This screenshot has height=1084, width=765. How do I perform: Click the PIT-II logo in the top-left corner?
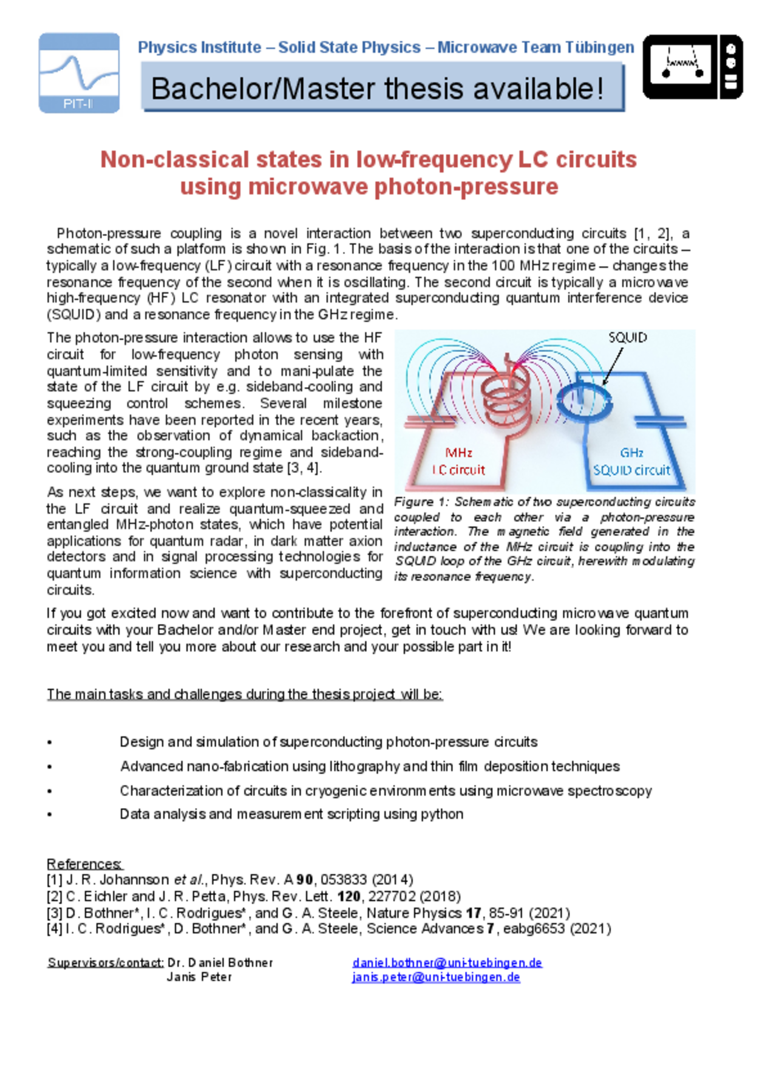[79, 73]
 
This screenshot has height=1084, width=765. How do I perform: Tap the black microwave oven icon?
[692, 67]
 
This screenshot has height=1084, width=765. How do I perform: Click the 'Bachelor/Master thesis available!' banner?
[382, 89]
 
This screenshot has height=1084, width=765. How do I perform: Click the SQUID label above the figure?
[627, 338]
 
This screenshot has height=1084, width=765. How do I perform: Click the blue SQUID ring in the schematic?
[584, 401]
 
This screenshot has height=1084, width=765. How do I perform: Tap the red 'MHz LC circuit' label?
[459, 461]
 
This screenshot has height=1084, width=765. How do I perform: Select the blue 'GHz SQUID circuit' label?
[631, 461]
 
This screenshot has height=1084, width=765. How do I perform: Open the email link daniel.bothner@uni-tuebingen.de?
[447, 962]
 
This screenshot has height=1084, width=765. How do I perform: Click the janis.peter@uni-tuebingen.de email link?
[436, 977]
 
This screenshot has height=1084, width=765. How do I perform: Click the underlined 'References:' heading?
[84, 863]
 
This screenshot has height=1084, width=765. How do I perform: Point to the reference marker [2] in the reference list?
[55, 896]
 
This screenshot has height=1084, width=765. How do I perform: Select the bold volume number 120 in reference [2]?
[349, 896]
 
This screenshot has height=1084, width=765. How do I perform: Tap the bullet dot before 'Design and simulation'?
[50, 743]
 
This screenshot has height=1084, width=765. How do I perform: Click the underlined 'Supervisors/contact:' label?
[105, 962]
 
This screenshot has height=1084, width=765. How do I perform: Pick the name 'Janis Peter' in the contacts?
[199, 977]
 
